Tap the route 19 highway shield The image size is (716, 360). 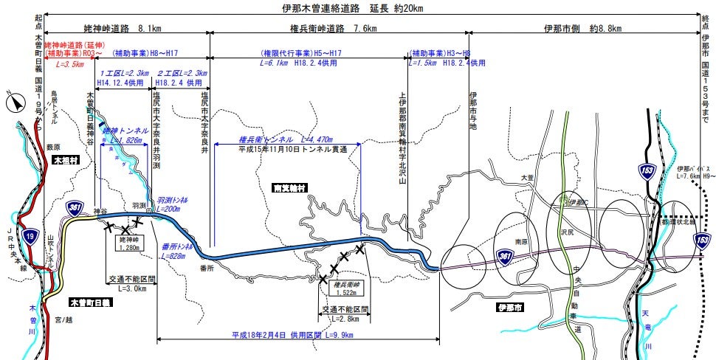point(30,235)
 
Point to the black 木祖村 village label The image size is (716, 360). point(66,159)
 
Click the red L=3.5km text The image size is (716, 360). point(71,64)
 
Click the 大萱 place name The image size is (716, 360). point(526,178)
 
